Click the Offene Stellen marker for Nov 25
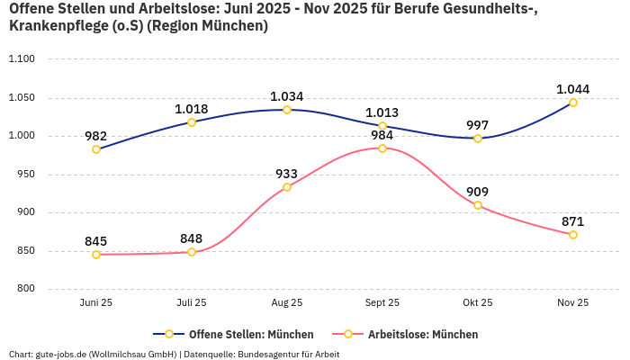[x=573, y=103]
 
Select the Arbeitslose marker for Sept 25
[x=382, y=148]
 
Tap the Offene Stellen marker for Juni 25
[x=96, y=149]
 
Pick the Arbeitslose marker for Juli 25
[x=192, y=252]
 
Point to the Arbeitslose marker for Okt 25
[x=478, y=205]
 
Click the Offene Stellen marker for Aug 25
[x=287, y=110]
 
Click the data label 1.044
[x=573, y=88]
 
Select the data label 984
[x=382, y=135]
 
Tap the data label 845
[x=96, y=240]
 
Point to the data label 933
[x=287, y=173]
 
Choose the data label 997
[x=478, y=124]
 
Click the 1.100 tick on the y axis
[x=21, y=59]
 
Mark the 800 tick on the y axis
[x=24, y=289]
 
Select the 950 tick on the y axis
[x=24, y=175]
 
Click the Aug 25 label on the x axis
[x=287, y=303]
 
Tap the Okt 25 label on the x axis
[x=478, y=303]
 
